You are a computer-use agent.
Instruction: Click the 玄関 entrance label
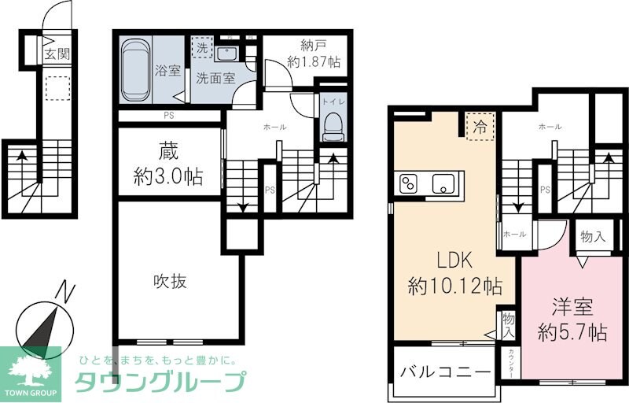pyautogui.click(x=57, y=54)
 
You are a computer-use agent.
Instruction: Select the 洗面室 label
pyautogui.click(x=215, y=78)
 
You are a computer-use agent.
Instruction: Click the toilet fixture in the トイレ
pyautogui.click(x=333, y=126)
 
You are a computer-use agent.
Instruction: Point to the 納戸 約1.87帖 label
pyautogui.click(x=314, y=53)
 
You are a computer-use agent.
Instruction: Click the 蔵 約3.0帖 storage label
pyautogui.click(x=167, y=164)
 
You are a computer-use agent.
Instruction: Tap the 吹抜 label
pyautogui.click(x=169, y=281)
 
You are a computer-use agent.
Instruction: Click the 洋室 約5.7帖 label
pyautogui.click(x=572, y=319)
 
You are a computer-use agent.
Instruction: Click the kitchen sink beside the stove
pyautogui.click(x=443, y=184)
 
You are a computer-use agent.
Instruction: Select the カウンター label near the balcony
pyautogui.click(x=511, y=364)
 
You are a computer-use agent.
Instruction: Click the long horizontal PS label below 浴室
pyautogui.click(x=169, y=117)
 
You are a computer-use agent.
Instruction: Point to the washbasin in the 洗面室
pyautogui.click(x=227, y=54)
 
